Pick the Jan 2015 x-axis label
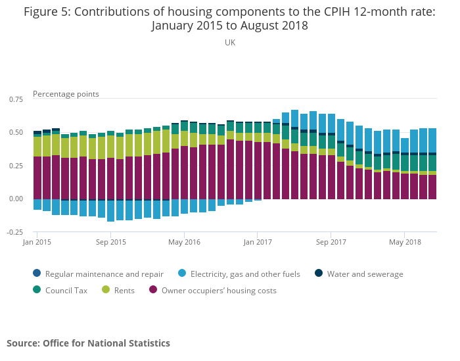pos(37,242)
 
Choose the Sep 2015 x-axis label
pos(110,242)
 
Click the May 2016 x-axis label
pos(184,242)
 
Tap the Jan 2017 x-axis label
pos(258,242)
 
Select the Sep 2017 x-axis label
pos(331,242)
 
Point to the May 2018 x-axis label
pos(405,242)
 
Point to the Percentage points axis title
pos(66,94)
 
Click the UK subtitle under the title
pos(230,42)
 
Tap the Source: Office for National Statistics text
pos(88,343)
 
